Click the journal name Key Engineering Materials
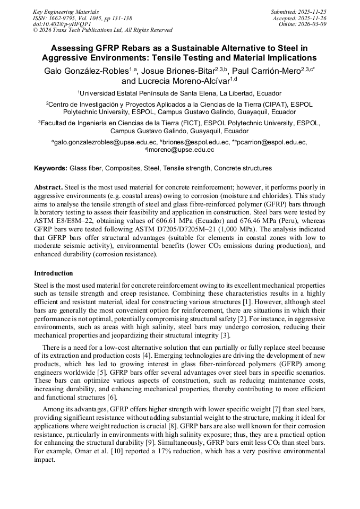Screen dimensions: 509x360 click(x=66, y=12)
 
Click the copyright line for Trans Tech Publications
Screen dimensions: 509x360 click(x=102, y=30)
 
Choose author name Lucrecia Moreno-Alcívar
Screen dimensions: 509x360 click(x=183, y=81)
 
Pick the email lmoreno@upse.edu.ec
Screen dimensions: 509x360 click(x=181, y=150)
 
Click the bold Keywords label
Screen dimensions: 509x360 click(x=51, y=168)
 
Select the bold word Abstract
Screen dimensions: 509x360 click(x=48, y=187)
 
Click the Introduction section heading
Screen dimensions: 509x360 click(x=54, y=273)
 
